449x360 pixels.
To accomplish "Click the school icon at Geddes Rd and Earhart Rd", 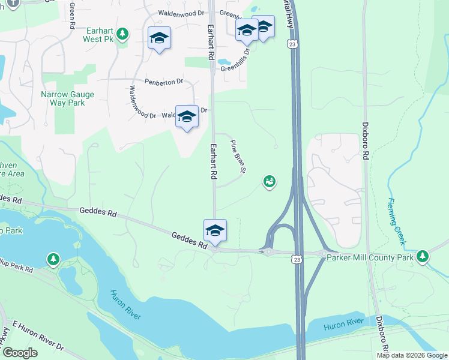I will coord(215,230).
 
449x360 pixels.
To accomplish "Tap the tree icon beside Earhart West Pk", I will coord(122,34).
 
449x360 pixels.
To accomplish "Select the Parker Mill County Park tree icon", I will coord(423,256).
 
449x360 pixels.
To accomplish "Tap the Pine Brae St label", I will coord(239,157).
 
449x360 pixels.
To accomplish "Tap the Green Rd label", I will coord(71,16).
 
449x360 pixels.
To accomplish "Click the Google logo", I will coord(20,353).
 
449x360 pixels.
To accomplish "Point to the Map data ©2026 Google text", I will coord(411,355).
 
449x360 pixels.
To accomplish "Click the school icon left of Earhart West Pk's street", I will coord(159,38).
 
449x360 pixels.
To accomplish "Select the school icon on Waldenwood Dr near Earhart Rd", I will coord(187,116).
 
